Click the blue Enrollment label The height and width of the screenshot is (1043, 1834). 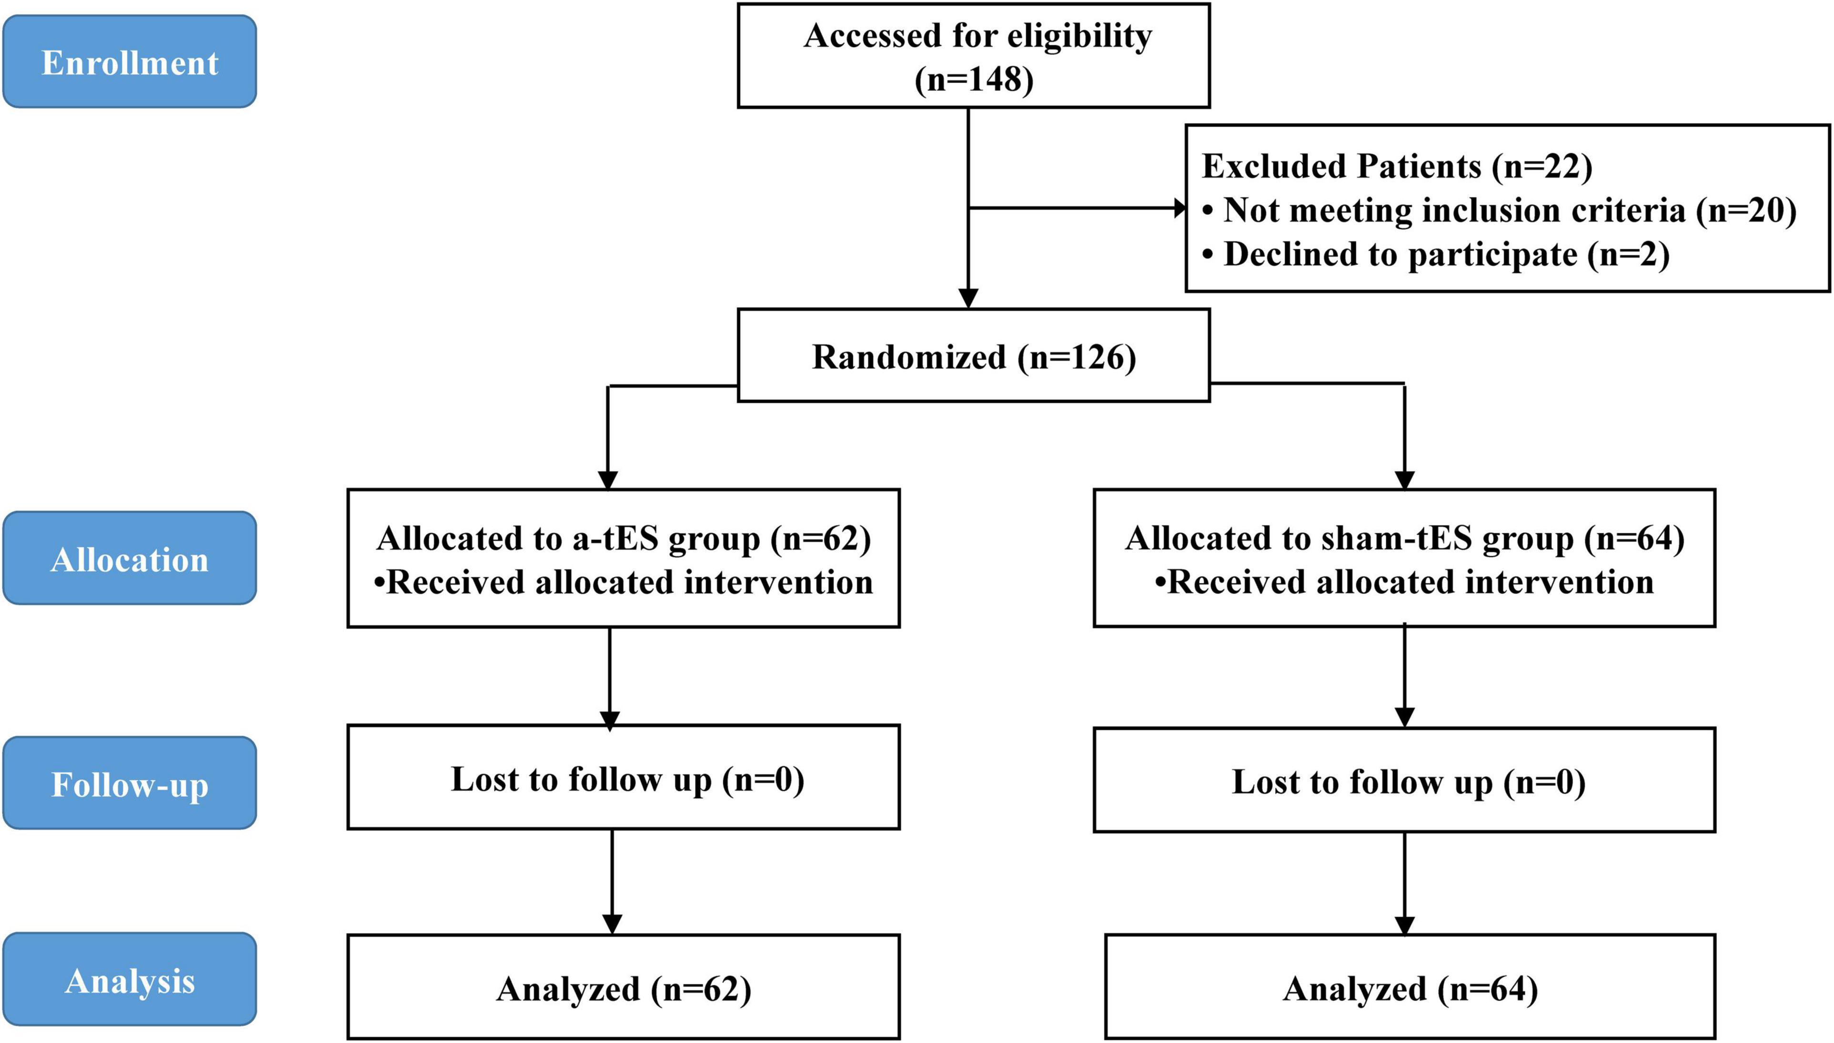130,61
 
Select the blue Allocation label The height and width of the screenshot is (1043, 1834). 130,558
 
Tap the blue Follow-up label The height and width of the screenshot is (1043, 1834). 130,783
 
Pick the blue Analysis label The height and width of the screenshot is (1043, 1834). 130,979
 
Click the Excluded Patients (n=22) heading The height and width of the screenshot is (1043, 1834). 1396,166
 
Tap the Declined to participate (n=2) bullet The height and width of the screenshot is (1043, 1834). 1436,254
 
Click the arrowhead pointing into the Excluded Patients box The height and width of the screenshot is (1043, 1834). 1180,208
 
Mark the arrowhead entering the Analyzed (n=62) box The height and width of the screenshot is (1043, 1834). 612,924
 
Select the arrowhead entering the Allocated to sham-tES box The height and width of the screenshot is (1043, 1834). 1405,479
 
